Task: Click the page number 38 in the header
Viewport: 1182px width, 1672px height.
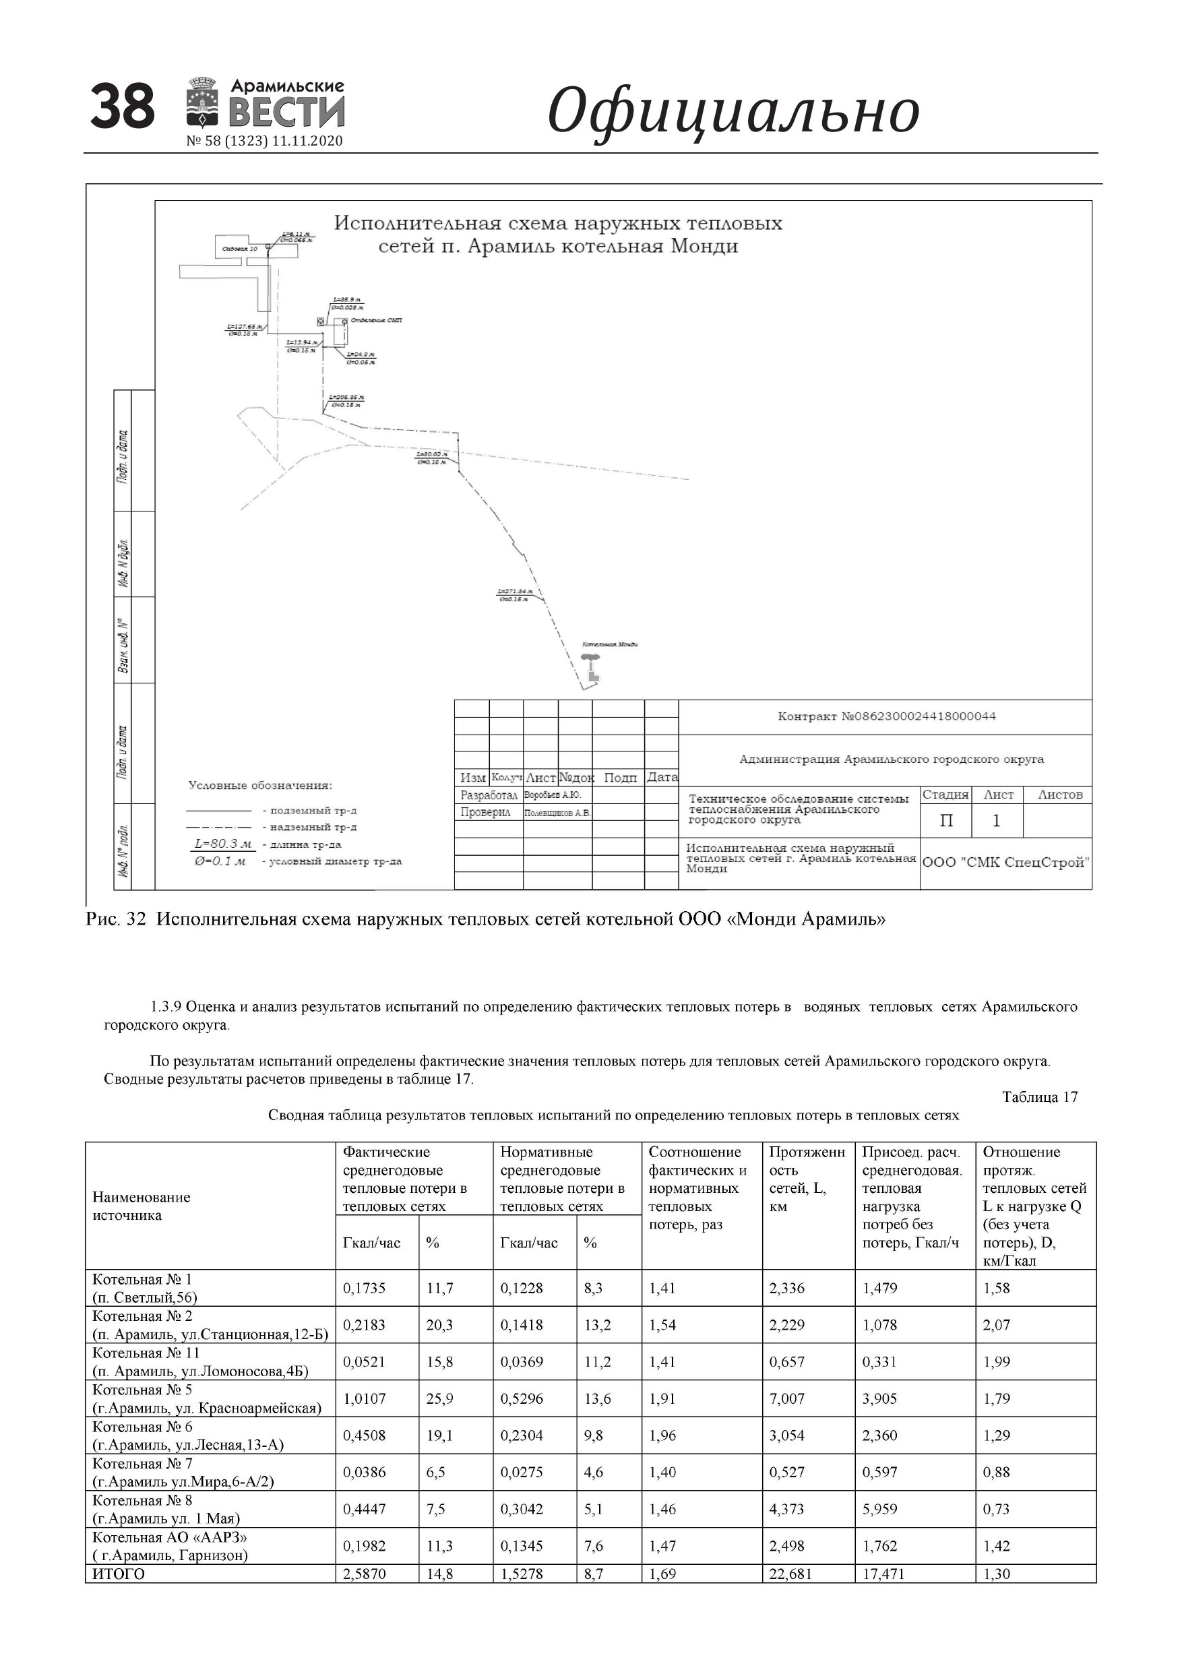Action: coord(123,106)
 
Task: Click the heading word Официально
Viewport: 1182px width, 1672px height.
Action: coord(733,111)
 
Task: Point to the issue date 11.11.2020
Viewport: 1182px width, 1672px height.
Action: coord(307,142)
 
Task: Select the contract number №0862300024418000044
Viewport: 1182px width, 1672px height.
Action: coord(886,716)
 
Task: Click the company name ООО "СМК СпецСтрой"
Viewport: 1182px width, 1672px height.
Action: coord(1005,862)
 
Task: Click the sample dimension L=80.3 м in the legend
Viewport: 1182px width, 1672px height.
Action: coord(223,844)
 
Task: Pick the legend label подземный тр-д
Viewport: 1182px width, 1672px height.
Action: coord(313,811)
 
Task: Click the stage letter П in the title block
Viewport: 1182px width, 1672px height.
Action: coord(946,821)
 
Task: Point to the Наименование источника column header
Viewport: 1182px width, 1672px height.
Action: coord(142,1206)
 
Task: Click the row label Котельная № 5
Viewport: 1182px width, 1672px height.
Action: coord(143,1390)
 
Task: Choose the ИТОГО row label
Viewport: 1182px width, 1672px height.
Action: coord(119,1574)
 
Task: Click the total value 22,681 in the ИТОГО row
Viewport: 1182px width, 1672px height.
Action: coord(790,1574)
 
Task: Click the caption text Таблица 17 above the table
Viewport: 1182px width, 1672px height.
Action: coord(1039,1096)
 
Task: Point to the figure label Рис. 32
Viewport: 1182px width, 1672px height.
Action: coord(116,919)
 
